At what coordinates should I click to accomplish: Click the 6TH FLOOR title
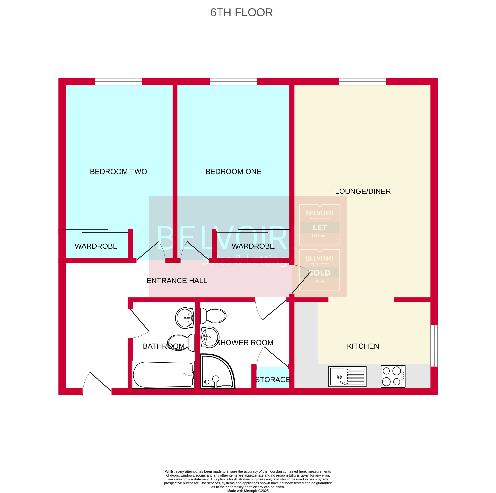click(241, 13)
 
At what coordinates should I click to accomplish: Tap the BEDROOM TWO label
click(118, 172)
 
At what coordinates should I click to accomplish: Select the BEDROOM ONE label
click(233, 172)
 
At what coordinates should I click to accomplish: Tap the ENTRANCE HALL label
click(177, 281)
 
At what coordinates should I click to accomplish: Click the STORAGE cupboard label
click(273, 380)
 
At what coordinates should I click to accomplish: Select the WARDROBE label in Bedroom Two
click(96, 246)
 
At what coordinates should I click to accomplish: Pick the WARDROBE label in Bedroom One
click(253, 246)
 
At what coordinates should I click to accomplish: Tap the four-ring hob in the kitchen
click(393, 376)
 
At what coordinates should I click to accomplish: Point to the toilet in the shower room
click(213, 316)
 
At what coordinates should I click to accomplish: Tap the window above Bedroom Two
click(118, 82)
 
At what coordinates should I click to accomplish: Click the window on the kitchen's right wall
click(434, 346)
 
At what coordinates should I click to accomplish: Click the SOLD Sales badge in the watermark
click(319, 270)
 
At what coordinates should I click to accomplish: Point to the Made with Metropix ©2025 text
click(248, 491)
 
